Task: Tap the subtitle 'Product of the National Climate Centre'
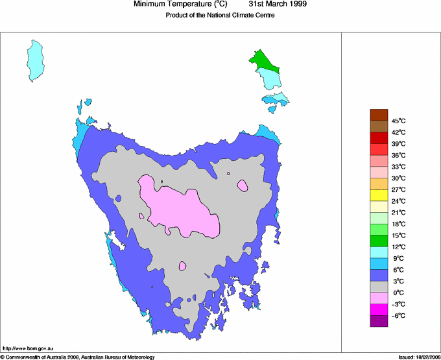tap(220, 16)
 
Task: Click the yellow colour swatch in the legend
tap(379, 195)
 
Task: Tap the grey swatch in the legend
tap(379, 287)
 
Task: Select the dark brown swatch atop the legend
tap(379, 115)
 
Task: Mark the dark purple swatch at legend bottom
tap(379, 321)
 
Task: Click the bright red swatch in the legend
tap(379, 138)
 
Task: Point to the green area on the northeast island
tap(263, 62)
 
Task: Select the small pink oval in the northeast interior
tap(243, 186)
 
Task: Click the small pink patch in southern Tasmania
tap(183, 265)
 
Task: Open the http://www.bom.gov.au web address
tap(28, 349)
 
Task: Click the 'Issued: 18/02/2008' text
tap(418, 357)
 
